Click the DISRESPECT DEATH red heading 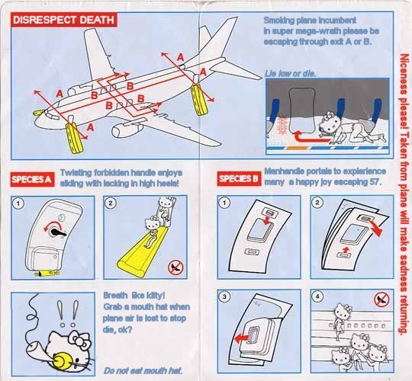point(64,20)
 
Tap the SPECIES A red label point(32,179)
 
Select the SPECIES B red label point(239,179)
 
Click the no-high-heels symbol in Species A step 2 point(175,267)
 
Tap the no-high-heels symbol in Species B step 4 point(381,299)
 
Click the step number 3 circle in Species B point(224,296)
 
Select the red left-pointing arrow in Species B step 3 point(241,339)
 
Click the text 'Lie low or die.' point(290,73)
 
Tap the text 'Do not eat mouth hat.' point(143,370)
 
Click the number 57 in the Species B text point(375,181)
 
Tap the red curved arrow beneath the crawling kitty point(310,137)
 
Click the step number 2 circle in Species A point(111,203)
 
